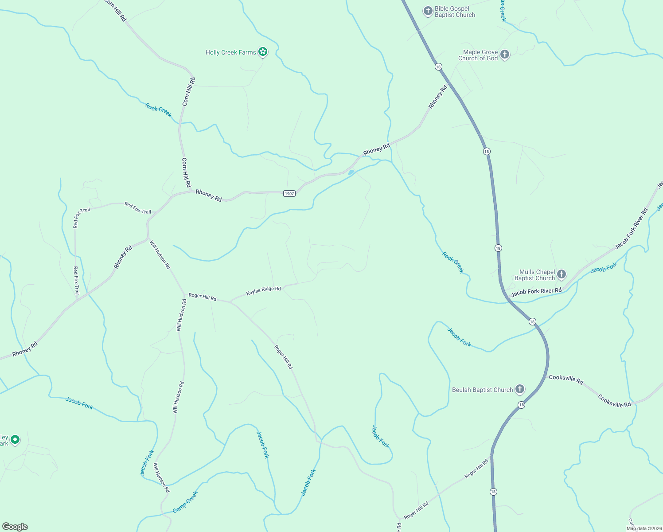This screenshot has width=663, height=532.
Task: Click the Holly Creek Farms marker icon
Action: (x=263, y=52)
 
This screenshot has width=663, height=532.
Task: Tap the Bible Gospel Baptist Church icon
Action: (x=428, y=11)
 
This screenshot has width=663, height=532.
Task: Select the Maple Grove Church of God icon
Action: (x=504, y=55)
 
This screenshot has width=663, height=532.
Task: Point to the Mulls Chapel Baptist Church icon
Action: (x=562, y=274)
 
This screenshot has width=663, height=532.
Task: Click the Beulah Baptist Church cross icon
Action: (x=520, y=389)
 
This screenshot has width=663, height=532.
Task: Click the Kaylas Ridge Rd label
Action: (x=264, y=291)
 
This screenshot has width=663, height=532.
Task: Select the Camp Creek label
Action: (x=185, y=502)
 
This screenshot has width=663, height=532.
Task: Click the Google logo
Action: (x=15, y=526)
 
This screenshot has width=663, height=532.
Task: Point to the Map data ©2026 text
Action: (x=643, y=528)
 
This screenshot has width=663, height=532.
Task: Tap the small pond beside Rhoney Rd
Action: (x=351, y=172)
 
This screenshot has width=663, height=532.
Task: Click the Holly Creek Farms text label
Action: (x=231, y=52)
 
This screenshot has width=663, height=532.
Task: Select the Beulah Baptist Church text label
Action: (x=482, y=390)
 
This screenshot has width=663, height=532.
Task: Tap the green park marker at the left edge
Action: (x=15, y=439)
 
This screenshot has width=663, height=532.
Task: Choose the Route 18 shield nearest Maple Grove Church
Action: (x=438, y=66)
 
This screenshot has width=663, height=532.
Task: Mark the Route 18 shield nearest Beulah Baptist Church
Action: (x=522, y=405)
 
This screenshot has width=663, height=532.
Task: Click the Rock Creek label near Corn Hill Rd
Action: (x=158, y=110)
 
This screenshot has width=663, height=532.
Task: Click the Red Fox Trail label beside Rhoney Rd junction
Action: (x=138, y=208)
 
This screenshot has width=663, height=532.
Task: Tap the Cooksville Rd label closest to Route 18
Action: (x=566, y=379)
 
